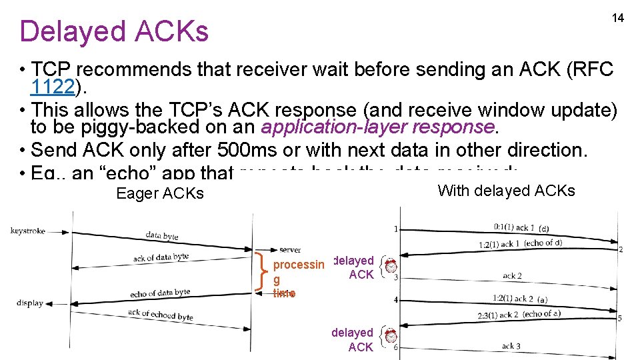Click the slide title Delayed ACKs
[114, 31]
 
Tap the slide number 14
[618, 18]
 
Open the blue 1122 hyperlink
[55, 87]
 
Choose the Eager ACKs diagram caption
[160, 193]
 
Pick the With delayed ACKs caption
[506, 191]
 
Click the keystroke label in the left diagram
[28, 231]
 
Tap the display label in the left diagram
[30, 303]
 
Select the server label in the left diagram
[290, 249]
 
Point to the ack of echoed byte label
[160, 315]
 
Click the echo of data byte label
[160, 293]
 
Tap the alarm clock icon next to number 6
[391, 338]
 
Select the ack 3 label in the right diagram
[512, 346]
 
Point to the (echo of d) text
[543, 243]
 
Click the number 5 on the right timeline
[619, 318]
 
